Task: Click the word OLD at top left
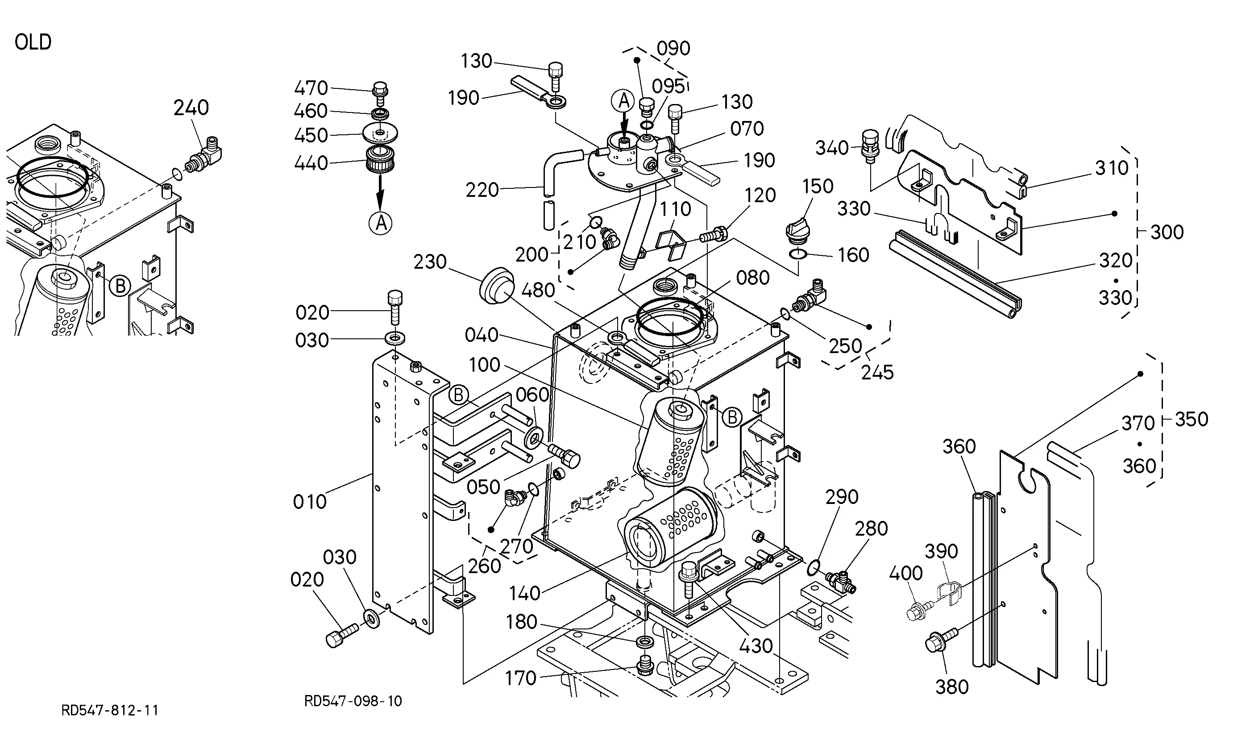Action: coord(33,42)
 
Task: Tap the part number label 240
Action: coord(191,108)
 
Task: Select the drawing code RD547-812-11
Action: coord(109,710)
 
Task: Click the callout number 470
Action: coord(311,88)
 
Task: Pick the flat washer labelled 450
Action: coord(381,133)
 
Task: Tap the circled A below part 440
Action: coord(381,222)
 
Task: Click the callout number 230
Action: coord(430,262)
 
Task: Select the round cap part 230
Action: coord(496,285)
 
